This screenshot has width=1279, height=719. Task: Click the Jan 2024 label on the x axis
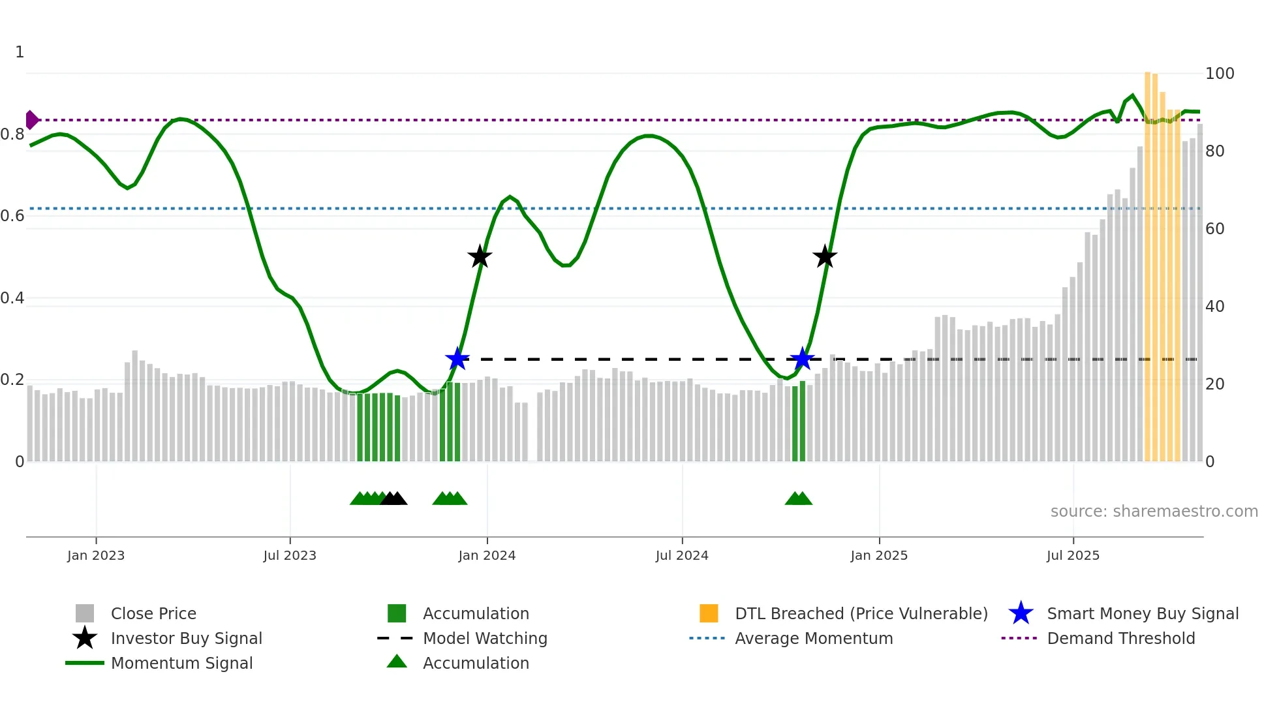pyautogui.click(x=487, y=556)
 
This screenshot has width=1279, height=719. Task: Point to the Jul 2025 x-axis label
pyautogui.click(x=1073, y=556)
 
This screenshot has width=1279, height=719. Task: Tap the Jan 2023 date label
pyautogui.click(x=96, y=556)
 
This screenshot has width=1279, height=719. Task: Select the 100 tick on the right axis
pyautogui.click(x=1219, y=74)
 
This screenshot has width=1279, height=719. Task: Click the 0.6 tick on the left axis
pyautogui.click(x=12, y=216)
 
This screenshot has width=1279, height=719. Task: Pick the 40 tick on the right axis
pyautogui.click(x=1214, y=307)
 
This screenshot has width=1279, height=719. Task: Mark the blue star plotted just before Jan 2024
pyautogui.click(x=457, y=359)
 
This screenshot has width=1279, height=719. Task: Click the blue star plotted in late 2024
pyautogui.click(x=802, y=359)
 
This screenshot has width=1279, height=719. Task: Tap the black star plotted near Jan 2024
pyautogui.click(x=480, y=256)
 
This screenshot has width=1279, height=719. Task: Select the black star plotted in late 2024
pyautogui.click(x=825, y=256)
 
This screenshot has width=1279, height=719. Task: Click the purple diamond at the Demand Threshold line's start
pyautogui.click(x=31, y=120)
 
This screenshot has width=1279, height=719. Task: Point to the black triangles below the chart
pyautogui.click(x=393, y=498)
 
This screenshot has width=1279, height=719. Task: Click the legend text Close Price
pyautogui.click(x=153, y=614)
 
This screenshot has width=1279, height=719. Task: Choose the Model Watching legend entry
pyautogui.click(x=485, y=639)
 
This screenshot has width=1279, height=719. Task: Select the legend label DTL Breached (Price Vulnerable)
pyautogui.click(x=861, y=614)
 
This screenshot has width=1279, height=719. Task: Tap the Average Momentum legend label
pyautogui.click(x=814, y=639)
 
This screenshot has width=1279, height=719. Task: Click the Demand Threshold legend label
pyautogui.click(x=1120, y=639)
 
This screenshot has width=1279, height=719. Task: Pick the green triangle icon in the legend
pyautogui.click(x=397, y=662)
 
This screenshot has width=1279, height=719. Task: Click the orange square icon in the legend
pyautogui.click(x=709, y=613)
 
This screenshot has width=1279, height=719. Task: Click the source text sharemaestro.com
pyautogui.click(x=1154, y=512)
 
